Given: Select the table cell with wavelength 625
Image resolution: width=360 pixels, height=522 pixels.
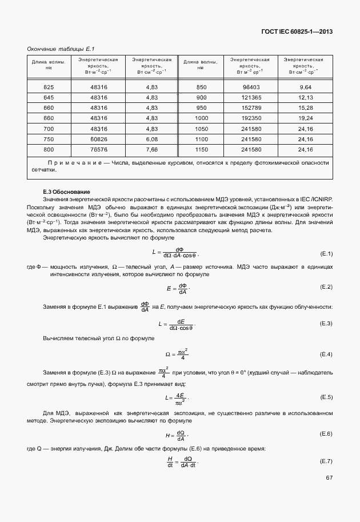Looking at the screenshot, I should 49,87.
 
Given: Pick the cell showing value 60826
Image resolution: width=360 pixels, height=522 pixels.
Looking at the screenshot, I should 98,139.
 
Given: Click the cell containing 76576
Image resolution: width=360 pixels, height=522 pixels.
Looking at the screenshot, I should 98,149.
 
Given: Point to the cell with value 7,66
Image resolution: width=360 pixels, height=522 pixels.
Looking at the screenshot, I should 151,149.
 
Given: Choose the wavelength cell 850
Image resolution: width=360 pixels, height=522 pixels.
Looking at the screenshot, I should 201,87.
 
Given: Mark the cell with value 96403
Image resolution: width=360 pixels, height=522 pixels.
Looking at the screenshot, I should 251,87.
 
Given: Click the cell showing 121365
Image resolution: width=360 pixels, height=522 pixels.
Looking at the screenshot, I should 251,97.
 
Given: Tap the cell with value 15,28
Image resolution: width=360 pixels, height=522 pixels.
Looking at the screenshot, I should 305,107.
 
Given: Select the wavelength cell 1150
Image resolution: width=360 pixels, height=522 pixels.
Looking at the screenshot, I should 201,149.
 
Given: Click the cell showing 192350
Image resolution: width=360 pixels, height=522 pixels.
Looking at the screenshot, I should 251,118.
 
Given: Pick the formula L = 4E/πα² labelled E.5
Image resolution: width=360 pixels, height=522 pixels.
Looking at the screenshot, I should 177,397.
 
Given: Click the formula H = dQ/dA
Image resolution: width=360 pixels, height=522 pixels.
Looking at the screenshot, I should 177,434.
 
